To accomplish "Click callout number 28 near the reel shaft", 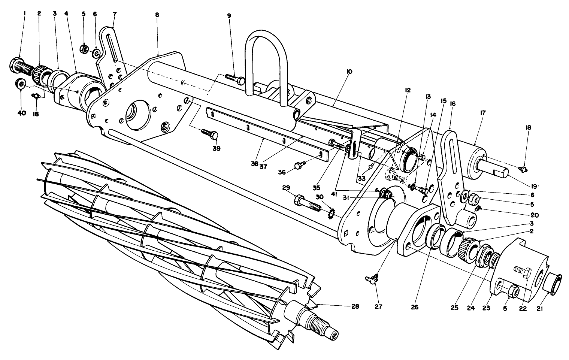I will [x=355, y=306].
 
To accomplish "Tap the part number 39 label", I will [x=216, y=148].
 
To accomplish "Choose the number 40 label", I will [x=21, y=113].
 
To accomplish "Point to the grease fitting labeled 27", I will [x=372, y=279].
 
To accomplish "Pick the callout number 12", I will [x=408, y=90].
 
